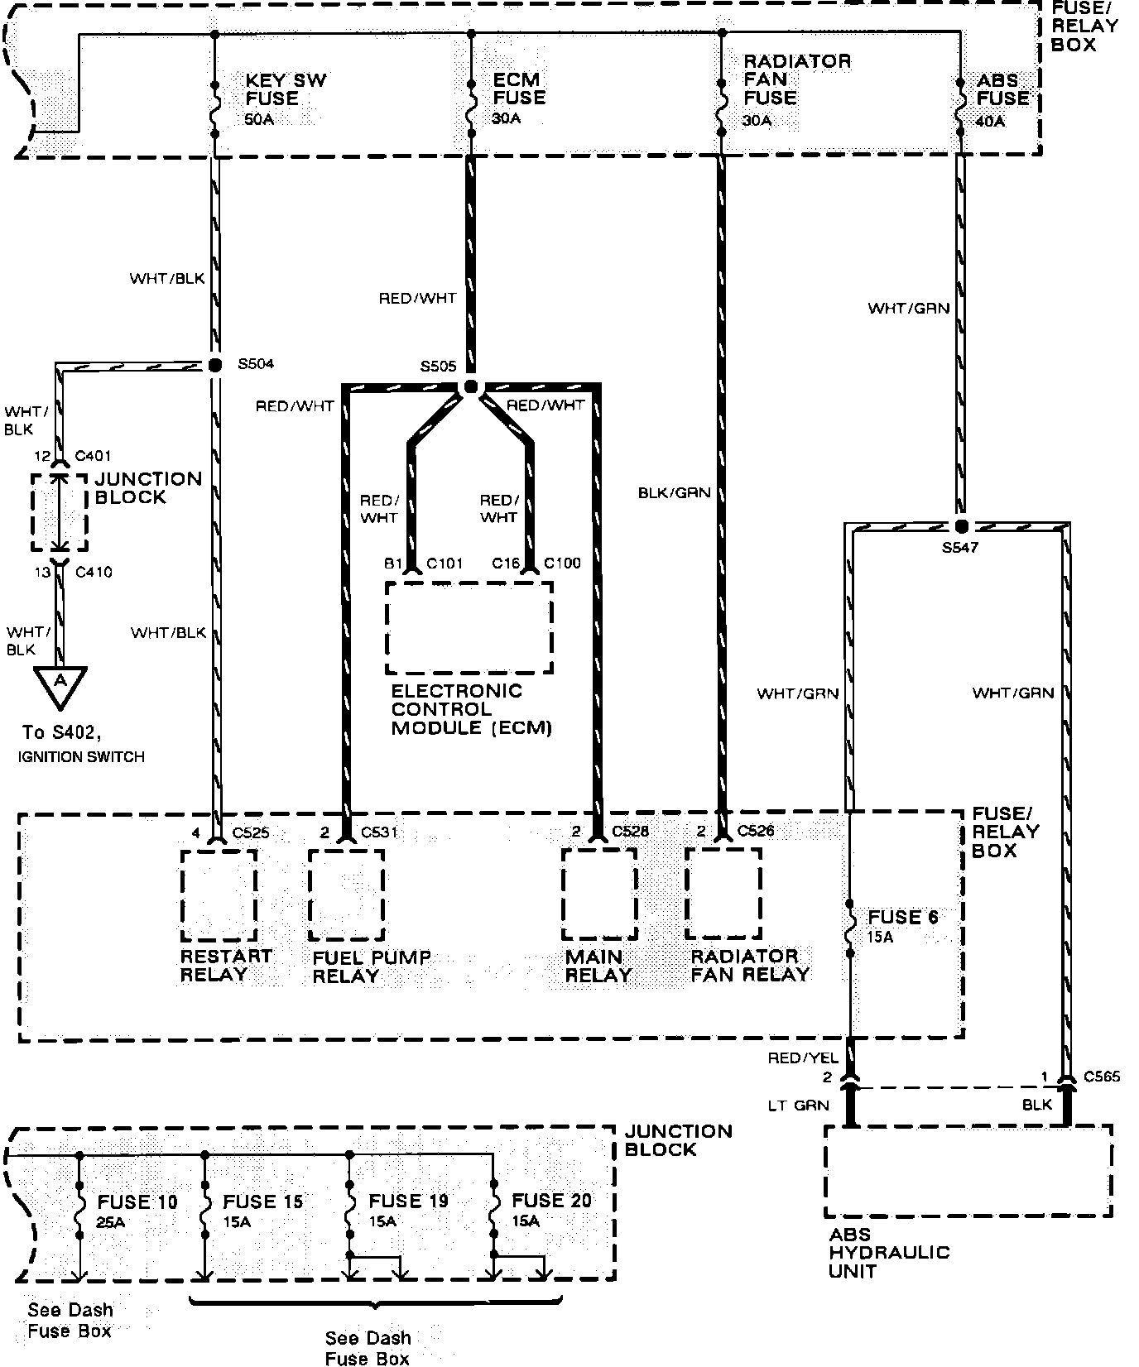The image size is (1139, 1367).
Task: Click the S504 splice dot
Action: pos(215,365)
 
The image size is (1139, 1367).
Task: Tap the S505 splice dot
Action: pos(471,386)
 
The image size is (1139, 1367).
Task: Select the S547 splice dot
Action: pos(961,526)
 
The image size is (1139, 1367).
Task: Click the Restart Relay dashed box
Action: pos(219,895)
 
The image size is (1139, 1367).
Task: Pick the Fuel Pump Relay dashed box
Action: pos(346,895)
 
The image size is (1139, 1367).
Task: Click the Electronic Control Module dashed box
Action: pos(469,627)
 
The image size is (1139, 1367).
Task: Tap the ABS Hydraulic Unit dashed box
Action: pos(968,1171)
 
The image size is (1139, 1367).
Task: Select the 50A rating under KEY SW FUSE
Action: pos(259,118)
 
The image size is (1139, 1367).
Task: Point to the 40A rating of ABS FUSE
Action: pos(990,121)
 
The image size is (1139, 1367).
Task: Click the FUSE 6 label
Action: pos(903,917)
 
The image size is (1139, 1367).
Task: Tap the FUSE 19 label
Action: pos(408,1202)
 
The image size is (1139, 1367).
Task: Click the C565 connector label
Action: pos(1101,1077)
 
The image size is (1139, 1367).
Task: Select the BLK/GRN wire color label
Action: pos(674,493)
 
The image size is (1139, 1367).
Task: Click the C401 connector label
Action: pos(93,456)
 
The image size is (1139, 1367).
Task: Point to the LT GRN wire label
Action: pos(799,1106)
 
